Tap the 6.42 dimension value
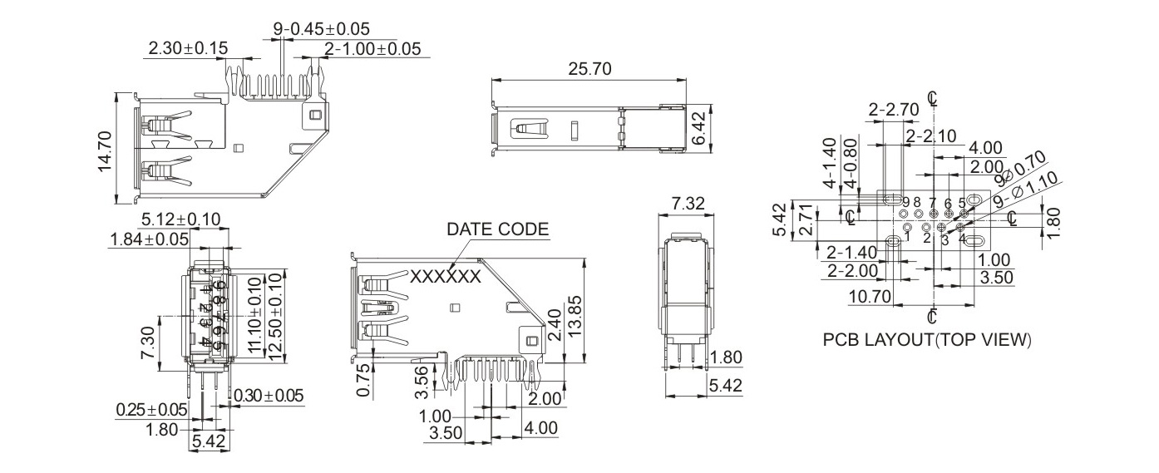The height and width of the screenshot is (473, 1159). click(x=698, y=130)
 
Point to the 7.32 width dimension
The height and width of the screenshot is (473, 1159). click(x=687, y=203)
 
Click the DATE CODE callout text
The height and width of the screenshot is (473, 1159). click(x=497, y=229)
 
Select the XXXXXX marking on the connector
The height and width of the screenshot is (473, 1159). click(x=446, y=276)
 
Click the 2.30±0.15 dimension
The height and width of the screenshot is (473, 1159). click(x=187, y=49)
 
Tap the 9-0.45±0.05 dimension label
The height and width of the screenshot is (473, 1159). click(x=321, y=29)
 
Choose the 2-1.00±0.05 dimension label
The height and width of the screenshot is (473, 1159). click(x=372, y=49)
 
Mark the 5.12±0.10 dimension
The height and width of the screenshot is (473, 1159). click(x=180, y=219)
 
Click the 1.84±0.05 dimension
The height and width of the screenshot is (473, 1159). click(x=149, y=239)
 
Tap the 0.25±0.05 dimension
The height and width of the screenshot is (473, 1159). click(x=151, y=410)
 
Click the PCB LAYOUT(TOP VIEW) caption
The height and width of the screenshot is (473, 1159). click(x=927, y=340)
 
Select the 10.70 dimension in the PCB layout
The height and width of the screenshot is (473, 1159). click(x=870, y=297)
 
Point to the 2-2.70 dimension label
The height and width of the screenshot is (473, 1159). click(x=893, y=109)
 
